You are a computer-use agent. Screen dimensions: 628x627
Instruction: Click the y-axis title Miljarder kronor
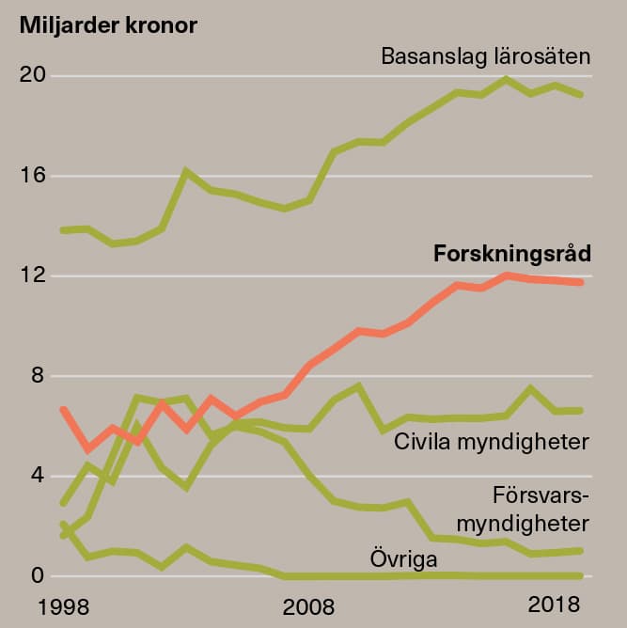click(108, 25)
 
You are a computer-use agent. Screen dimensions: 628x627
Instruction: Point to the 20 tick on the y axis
click(32, 75)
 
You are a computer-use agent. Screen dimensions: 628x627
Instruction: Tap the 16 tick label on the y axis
click(32, 176)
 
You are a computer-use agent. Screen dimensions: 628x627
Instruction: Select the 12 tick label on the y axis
click(32, 276)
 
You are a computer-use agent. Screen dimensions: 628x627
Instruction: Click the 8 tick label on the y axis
click(37, 376)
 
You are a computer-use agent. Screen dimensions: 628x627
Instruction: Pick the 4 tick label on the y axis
click(37, 476)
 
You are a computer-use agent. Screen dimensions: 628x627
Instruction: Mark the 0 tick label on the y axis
click(37, 575)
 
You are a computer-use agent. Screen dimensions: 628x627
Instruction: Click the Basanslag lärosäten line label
click(485, 56)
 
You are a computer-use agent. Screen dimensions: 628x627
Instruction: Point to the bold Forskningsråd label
click(512, 254)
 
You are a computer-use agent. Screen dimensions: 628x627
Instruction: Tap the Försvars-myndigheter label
click(541, 509)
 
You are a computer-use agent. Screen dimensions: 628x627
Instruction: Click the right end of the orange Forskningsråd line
click(581, 282)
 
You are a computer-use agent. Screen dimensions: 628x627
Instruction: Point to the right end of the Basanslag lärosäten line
click(581, 94)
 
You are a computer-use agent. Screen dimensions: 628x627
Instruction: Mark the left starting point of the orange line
click(63, 410)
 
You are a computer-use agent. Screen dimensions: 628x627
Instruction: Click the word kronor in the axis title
click(161, 25)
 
